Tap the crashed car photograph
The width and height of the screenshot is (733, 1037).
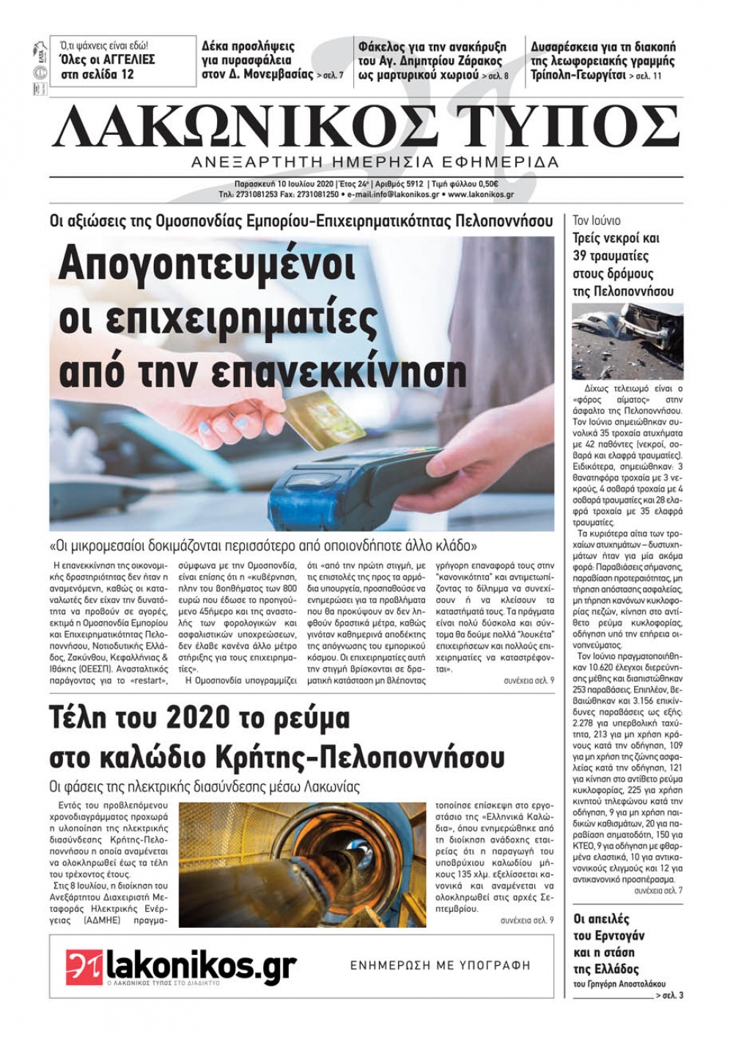627,342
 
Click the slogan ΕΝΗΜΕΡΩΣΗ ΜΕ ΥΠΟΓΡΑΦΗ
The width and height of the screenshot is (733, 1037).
440,965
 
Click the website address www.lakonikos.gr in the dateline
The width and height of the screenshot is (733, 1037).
480,195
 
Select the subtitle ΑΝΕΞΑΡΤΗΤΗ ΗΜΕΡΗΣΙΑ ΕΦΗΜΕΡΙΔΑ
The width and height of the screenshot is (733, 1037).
374,162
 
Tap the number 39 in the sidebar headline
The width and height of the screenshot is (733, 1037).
582,257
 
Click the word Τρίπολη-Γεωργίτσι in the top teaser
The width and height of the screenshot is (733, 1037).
578,75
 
